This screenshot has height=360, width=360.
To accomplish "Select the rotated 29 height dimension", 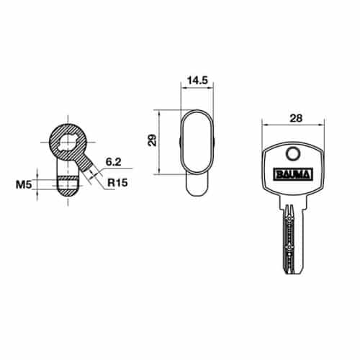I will coord(152,140).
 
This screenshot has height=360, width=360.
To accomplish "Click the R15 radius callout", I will coord(117,183).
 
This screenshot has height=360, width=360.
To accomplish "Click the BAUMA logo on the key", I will coord(292,173).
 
